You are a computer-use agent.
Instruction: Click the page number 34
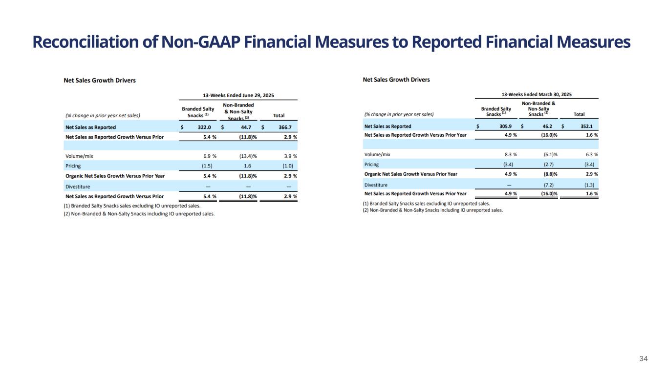644,359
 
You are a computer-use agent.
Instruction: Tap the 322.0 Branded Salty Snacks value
201,127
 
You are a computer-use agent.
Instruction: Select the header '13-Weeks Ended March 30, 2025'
537,94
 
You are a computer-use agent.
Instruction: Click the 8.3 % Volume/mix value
507,154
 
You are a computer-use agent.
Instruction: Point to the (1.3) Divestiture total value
589,185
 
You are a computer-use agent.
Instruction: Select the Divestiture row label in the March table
376,185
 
